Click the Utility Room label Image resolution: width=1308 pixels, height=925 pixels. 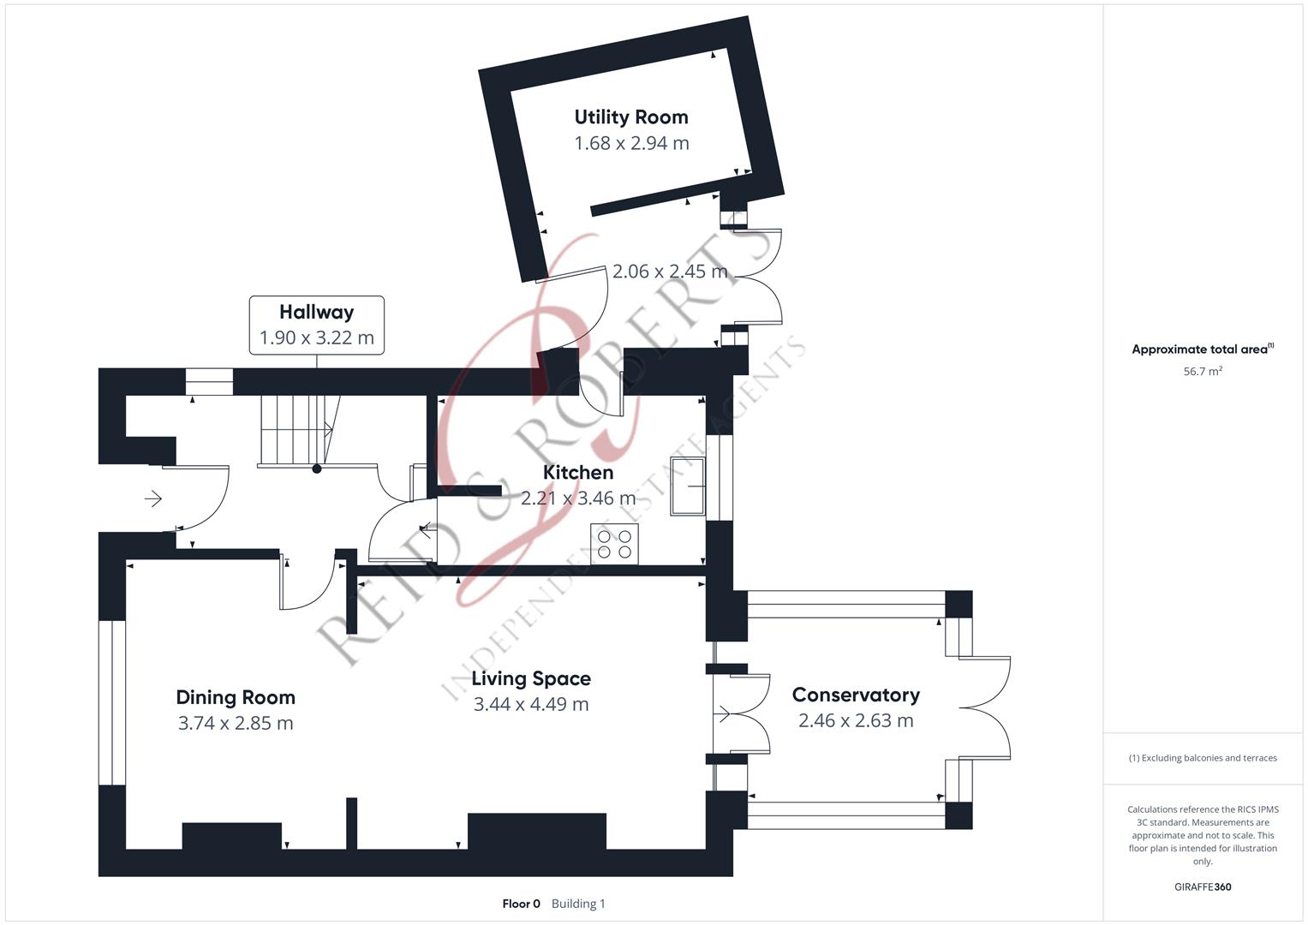pos(630,117)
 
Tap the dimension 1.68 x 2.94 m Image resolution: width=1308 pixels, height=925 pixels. pos(630,143)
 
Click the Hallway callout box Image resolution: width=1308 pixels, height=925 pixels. pos(316,325)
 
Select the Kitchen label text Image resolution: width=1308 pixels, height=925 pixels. pos(577,472)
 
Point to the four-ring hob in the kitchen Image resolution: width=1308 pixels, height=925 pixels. pos(614,544)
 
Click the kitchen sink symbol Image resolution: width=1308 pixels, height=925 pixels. pos(688,486)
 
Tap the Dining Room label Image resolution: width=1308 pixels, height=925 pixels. pos(235,697)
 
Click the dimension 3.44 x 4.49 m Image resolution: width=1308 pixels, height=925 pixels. pos(530,705)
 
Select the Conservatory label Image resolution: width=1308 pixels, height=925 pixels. pos(855,695)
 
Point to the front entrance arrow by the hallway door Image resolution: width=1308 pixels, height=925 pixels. pos(153,498)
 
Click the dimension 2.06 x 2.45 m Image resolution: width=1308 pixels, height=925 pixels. pos(669,272)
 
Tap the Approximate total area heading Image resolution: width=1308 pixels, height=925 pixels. pos(1202,349)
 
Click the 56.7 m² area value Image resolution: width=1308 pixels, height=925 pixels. pos(1202,372)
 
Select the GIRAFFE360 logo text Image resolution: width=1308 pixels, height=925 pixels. pos(1202,887)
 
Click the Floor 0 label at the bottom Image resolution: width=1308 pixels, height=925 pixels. pos(521,904)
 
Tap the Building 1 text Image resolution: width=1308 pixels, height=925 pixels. pos(578,904)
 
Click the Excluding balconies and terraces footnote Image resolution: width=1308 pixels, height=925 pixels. pos(1202,758)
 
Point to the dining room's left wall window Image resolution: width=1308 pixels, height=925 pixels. pos(112,702)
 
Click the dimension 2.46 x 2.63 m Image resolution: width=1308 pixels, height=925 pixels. pos(855,721)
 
